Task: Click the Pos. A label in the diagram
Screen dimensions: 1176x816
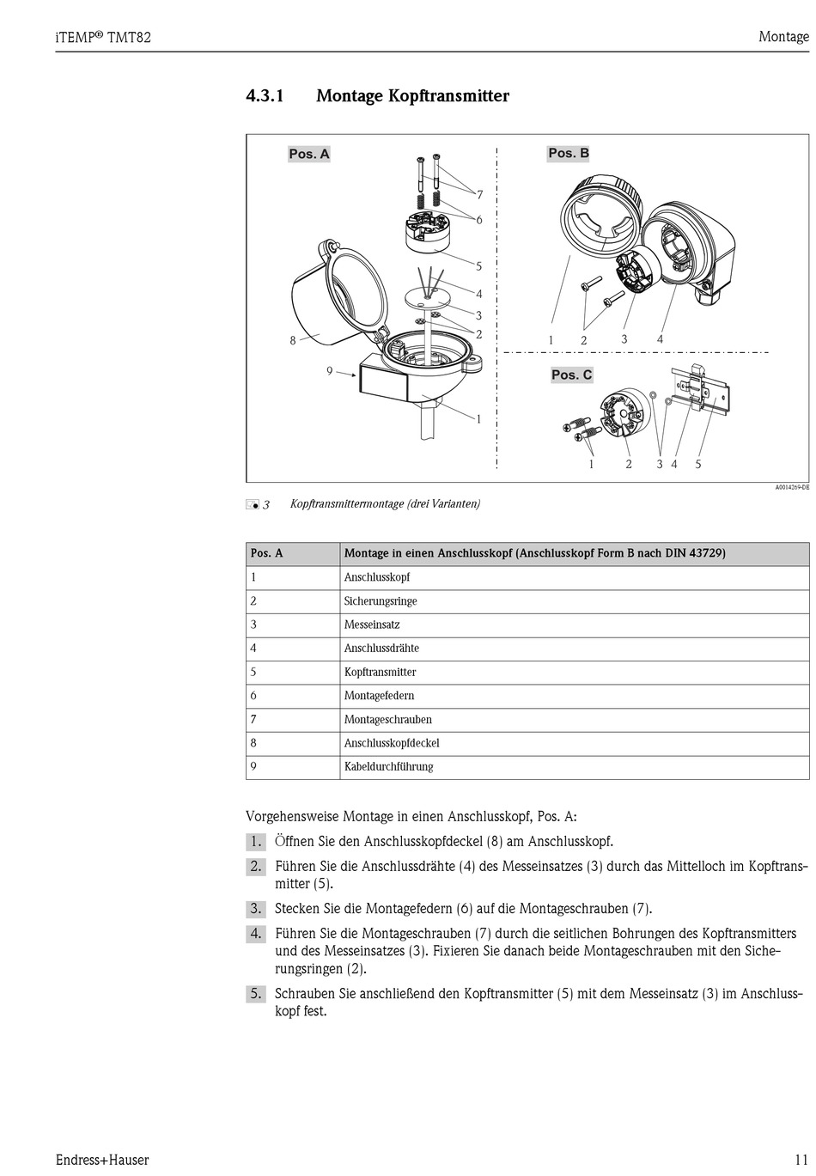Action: (309, 154)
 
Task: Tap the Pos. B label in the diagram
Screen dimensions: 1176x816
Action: (569, 153)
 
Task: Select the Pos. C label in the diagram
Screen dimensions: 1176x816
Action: (571, 375)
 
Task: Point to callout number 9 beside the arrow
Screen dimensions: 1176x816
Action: (329, 371)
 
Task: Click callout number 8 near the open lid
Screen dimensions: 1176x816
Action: (293, 340)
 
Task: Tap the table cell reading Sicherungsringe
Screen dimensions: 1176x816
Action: (381, 601)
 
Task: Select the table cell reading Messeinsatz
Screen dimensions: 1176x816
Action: (372, 625)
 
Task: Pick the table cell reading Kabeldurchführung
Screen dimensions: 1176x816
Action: (388, 766)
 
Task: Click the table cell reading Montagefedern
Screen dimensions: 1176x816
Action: (379, 696)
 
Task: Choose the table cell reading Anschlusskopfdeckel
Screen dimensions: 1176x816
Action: (392, 743)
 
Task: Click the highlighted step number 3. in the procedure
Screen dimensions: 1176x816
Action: (256, 908)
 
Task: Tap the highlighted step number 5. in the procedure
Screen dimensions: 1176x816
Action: (256, 994)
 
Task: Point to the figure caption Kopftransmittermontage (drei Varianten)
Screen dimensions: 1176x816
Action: (385, 503)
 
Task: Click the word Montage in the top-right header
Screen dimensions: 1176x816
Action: (783, 37)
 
